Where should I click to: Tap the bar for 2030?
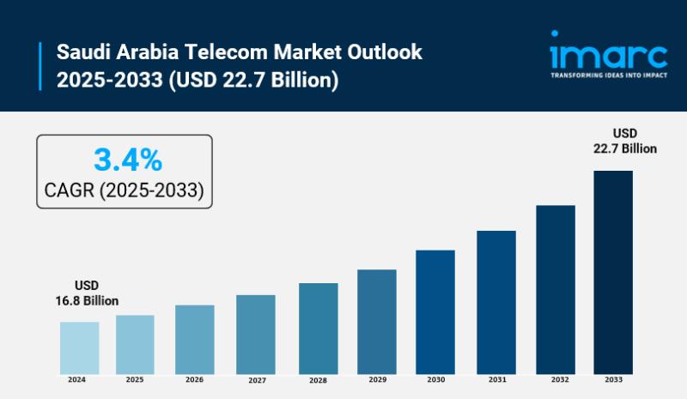click(435, 311)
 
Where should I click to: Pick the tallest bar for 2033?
click(613, 270)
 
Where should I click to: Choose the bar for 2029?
click(376, 320)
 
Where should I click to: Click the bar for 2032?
click(555, 287)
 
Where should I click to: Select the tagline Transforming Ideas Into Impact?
click(608, 75)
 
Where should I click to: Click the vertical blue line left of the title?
click(40, 65)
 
